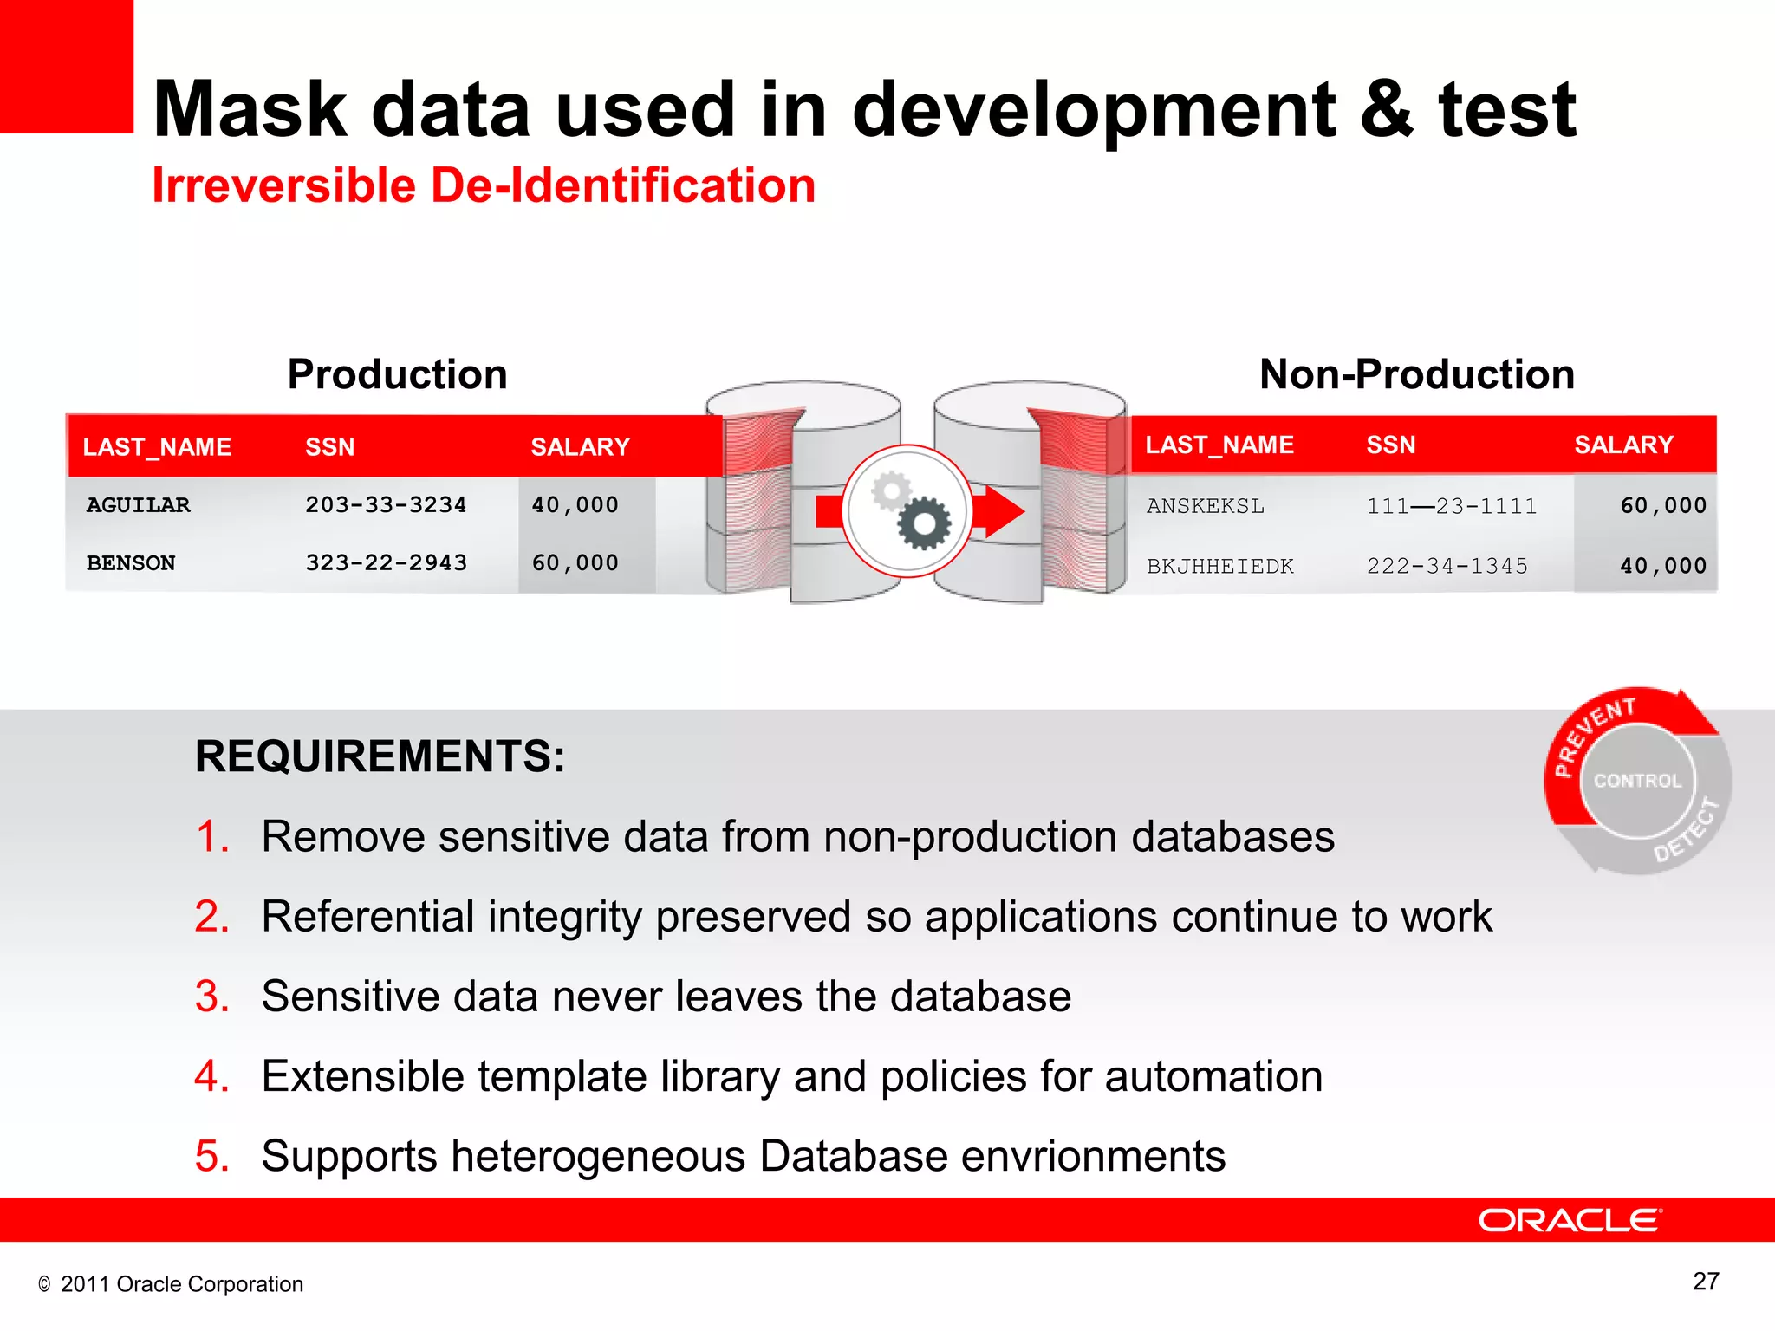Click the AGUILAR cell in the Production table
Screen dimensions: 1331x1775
[x=138, y=505]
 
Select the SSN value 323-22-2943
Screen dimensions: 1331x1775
[x=386, y=563]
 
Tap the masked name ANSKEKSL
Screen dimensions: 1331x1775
[x=1205, y=506]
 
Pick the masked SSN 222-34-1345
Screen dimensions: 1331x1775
[x=1447, y=567]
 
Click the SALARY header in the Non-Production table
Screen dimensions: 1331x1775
[x=1623, y=445]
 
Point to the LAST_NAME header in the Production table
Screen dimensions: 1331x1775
[x=157, y=447]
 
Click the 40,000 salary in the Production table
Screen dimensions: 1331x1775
[x=575, y=505]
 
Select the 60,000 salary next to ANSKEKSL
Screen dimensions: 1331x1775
[x=1662, y=506]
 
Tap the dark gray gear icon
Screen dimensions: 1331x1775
[x=924, y=523]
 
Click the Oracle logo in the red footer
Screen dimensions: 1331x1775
[x=1570, y=1220]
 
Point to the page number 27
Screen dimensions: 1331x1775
[x=1705, y=1282]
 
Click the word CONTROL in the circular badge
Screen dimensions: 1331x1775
[x=1637, y=781]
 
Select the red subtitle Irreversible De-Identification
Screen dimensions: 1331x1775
[x=484, y=185]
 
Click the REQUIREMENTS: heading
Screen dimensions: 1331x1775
[x=380, y=756]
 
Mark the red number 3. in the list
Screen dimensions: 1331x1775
[x=212, y=997]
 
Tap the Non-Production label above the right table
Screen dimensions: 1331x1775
[x=1416, y=374]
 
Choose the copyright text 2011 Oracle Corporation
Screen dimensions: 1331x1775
[x=181, y=1284]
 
